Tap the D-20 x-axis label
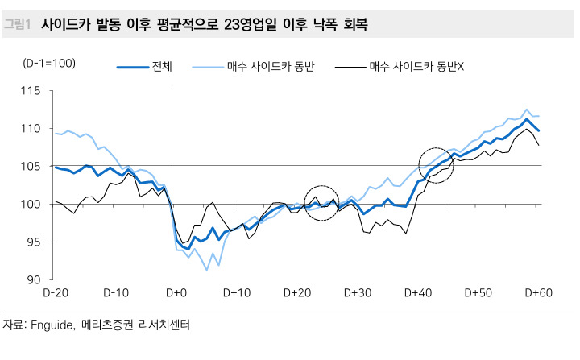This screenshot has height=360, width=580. (x=56, y=292)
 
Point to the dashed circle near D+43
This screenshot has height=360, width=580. (x=437, y=165)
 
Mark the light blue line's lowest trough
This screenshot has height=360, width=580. (x=207, y=270)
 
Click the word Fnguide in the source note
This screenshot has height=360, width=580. (x=51, y=326)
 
